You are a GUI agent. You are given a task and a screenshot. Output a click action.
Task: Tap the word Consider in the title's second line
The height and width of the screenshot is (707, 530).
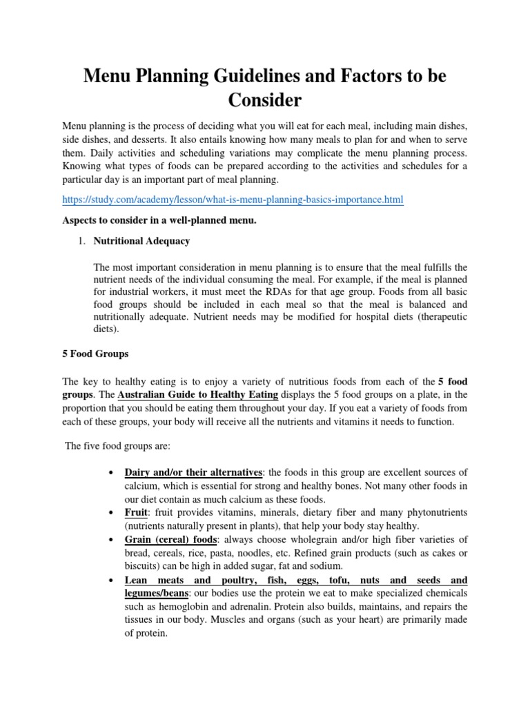(x=265, y=101)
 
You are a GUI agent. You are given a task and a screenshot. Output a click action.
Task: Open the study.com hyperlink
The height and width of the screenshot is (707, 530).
(x=233, y=200)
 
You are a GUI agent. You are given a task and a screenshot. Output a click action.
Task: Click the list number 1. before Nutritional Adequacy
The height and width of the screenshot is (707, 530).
(x=81, y=242)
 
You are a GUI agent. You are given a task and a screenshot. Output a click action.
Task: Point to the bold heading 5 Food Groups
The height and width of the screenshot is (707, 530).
(x=95, y=354)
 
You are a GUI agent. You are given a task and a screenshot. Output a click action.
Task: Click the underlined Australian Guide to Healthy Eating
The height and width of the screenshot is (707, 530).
(x=199, y=395)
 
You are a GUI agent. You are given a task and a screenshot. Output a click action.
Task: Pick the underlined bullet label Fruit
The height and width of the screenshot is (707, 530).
(x=135, y=513)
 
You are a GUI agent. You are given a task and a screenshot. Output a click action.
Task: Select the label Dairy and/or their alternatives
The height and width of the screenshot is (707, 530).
(x=193, y=472)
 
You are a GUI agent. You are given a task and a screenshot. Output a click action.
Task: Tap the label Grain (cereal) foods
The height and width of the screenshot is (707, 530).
(x=168, y=539)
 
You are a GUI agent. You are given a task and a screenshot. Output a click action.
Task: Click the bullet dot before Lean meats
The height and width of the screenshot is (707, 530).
(x=111, y=580)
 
